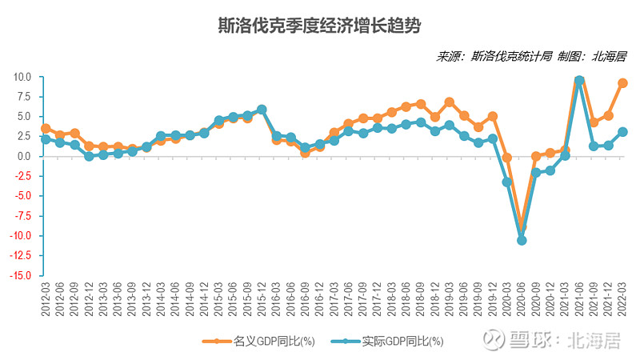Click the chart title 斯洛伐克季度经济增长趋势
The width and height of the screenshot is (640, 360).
pyautogui.click(x=319, y=26)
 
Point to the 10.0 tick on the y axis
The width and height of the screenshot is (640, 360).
pyautogui.click(x=22, y=78)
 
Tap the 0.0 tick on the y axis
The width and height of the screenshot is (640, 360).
pyautogui.click(x=24, y=157)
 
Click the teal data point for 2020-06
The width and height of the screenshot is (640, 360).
pyautogui.click(x=522, y=240)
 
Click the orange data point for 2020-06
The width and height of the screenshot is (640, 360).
pyautogui.click(x=522, y=227)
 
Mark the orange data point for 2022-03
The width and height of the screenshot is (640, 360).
pyautogui.click(x=622, y=83)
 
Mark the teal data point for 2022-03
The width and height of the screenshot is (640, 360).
pyautogui.click(x=622, y=132)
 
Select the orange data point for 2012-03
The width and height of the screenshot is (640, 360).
pyautogui.click(x=46, y=128)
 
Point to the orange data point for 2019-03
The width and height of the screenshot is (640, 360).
pyautogui.click(x=450, y=102)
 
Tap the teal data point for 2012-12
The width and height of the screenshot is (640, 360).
pyautogui.click(x=89, y=156)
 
